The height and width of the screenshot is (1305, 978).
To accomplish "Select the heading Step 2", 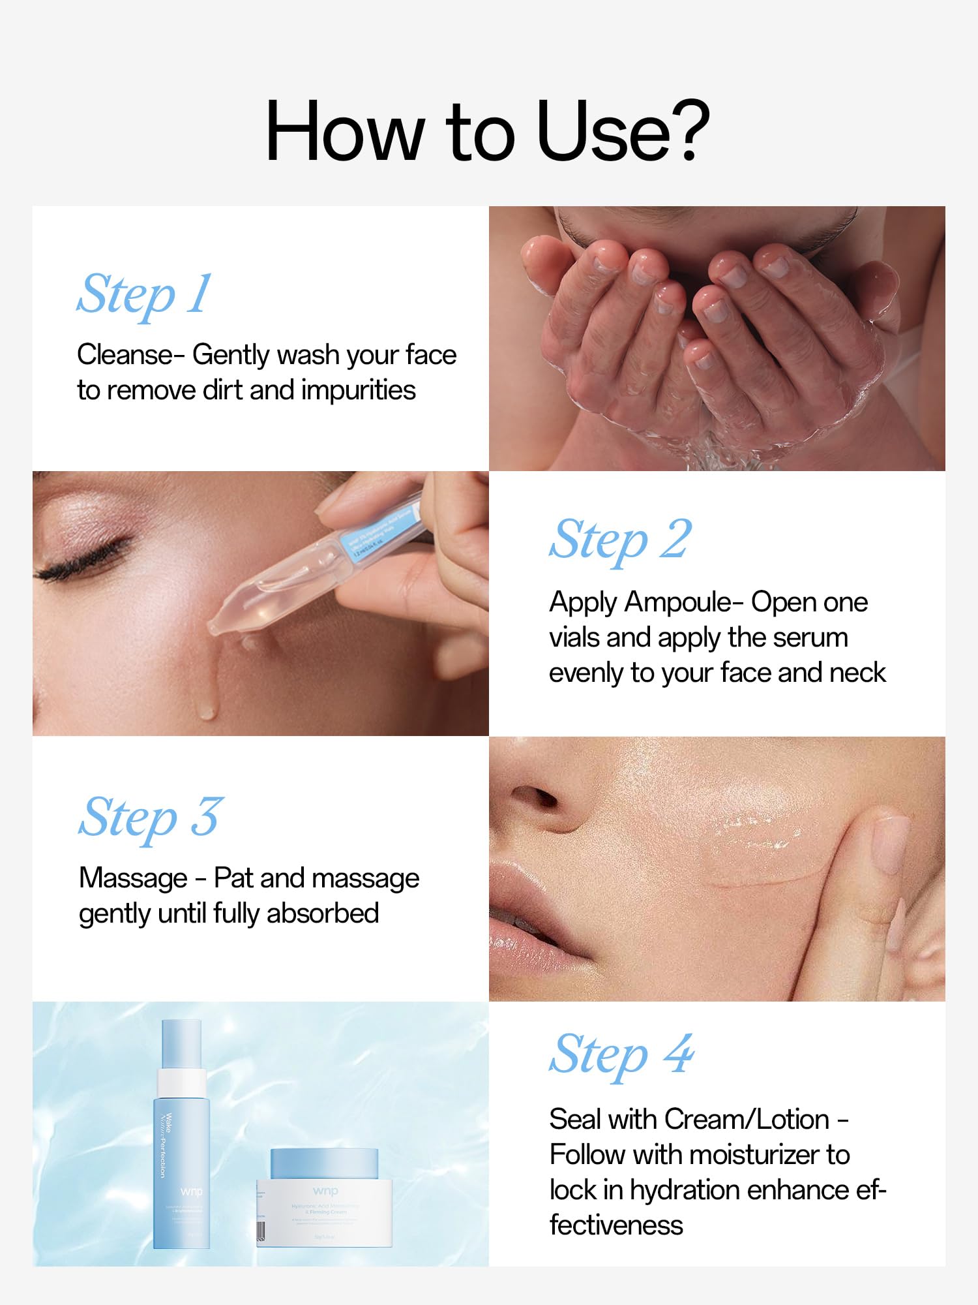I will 619,540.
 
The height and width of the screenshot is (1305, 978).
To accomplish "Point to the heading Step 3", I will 151,818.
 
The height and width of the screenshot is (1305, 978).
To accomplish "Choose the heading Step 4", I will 621,1055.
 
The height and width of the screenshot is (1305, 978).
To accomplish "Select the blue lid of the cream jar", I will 324,1163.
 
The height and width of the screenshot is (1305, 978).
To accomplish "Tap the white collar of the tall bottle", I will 181,1083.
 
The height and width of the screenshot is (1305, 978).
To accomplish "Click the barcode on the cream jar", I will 261,1231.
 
